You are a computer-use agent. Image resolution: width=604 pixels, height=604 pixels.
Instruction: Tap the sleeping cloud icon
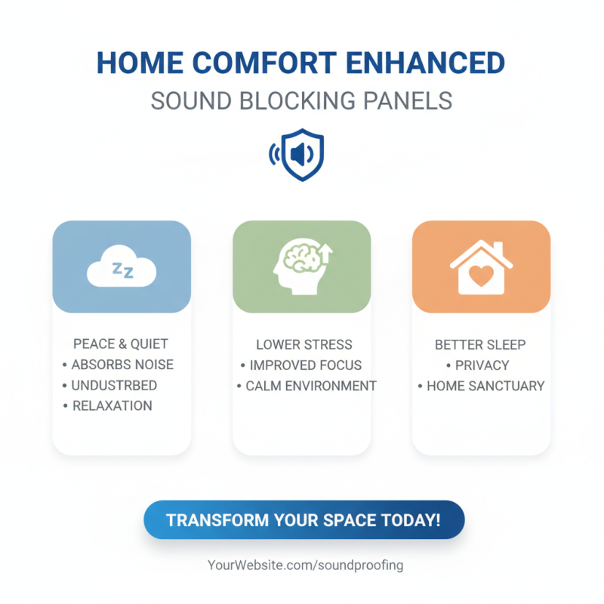tap(122, 269)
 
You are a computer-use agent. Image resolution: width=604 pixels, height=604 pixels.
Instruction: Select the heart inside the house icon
tap(481, 276)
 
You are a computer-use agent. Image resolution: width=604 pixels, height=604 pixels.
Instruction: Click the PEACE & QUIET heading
tap(121, 344)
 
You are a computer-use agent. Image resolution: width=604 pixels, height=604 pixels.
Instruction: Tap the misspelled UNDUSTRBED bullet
tap(114, 385)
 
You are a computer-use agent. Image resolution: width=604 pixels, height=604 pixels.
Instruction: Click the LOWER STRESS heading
tap(304, 344)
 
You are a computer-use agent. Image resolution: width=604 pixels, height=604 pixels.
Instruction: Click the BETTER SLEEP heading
tap(480, 344)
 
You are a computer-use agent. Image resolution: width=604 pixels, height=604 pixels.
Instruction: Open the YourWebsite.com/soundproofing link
tap(305, 565)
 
